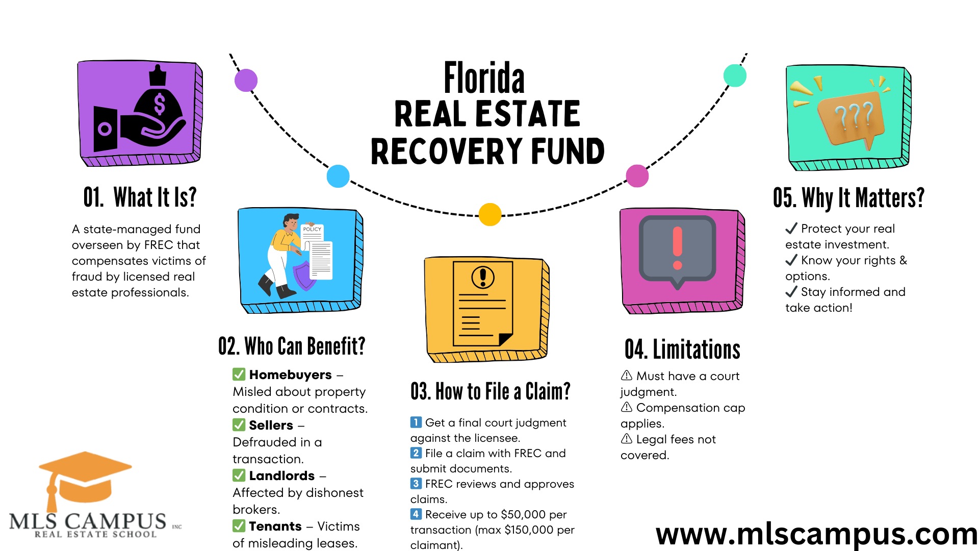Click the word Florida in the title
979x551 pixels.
(x=484, y=78)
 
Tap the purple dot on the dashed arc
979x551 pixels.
(x=246, y=80)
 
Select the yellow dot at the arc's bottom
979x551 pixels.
(x=490, y=214)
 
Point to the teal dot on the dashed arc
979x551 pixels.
(x=735, y=76)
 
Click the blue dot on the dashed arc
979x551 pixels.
(x=338, y=176)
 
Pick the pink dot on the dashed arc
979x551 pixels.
(x=637, y=176)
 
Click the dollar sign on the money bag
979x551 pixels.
(x=160, y=104)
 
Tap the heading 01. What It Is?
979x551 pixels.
(x=140, y=197)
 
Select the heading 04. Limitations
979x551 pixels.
(x=682, y=349)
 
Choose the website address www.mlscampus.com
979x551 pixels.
(x=816, y=534)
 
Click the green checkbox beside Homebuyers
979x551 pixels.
(x=239, y=374)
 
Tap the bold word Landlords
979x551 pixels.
(x=281, y=475)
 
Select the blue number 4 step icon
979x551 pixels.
(x=416, y=514)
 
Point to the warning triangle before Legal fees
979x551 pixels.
(x=627, y=439)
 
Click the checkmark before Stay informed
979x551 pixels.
(x=791, y=291)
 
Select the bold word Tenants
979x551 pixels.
(x=275, y=526)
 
